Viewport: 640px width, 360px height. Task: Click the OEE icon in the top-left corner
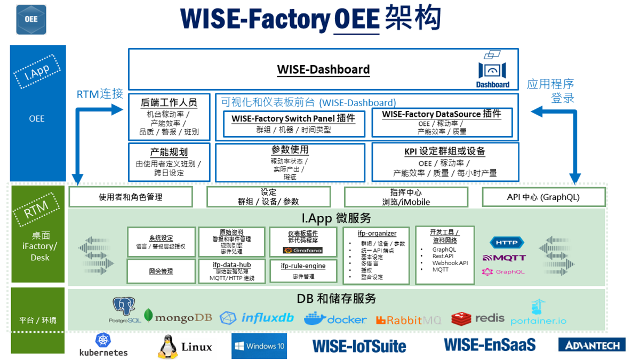[31, 19]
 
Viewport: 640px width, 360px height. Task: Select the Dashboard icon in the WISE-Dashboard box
[492, 69]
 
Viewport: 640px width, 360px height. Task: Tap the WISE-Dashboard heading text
[323, 69]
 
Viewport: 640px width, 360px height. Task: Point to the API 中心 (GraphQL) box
[543, 197]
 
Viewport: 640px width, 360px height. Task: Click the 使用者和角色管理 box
[131, 197]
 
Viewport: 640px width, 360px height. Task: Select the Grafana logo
[302, 250]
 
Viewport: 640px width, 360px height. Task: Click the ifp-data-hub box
[231, 271]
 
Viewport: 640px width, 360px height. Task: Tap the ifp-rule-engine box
[303, 270]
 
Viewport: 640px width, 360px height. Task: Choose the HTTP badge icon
[507, 243]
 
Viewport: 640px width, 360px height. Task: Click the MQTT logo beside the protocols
[504, 258]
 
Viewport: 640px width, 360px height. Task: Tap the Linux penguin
[167, 347]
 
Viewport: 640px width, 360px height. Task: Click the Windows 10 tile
[259, 346]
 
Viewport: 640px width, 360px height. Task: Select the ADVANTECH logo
[592, 345]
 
